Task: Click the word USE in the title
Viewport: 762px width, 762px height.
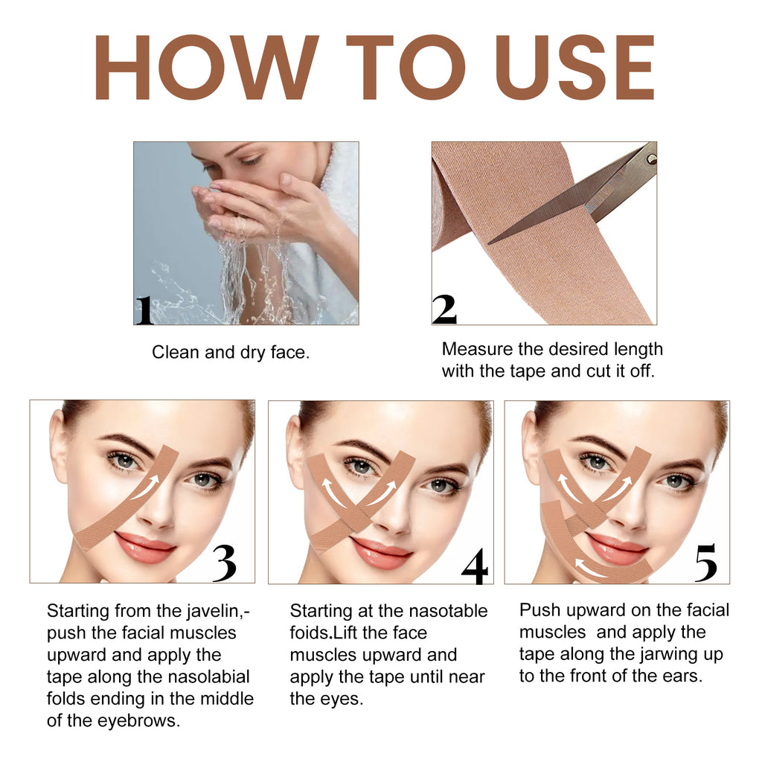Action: [575, 68]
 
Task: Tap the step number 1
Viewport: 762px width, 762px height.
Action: [144, 310]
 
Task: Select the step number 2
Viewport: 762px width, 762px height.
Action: [444, 310]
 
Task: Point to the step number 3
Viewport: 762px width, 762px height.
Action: [224, 565]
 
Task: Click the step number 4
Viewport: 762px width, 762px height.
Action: [474, 567]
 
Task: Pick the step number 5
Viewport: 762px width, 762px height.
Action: [705, 563]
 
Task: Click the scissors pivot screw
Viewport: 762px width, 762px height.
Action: [651, 159]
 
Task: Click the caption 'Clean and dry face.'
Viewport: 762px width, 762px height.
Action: [231, 353]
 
